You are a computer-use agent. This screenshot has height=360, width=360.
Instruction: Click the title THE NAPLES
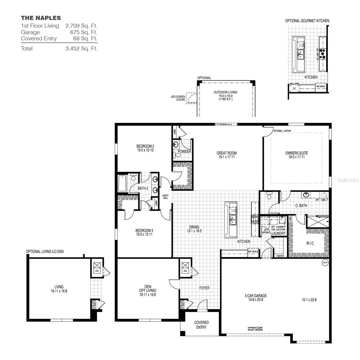tap(41, 18)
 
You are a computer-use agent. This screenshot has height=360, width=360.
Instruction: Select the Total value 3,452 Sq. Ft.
tap(81, 49)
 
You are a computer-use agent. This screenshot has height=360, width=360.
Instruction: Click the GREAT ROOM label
tap(227, 153)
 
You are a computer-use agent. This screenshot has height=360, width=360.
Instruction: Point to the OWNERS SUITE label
tap(296, 153)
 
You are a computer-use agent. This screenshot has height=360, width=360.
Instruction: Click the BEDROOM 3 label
tap(144, 231)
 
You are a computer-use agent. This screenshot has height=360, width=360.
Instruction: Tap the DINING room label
tap(194, 227)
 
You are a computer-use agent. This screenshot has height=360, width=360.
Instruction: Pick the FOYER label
tap(204, 288)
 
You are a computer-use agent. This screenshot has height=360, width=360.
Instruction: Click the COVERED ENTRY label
tap(201, 325)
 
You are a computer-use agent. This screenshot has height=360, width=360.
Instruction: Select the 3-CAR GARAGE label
tap(255, 296)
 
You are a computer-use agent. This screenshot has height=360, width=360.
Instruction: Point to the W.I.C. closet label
tap(310, 243)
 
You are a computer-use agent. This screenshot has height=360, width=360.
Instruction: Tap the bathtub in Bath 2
tap(122, 183)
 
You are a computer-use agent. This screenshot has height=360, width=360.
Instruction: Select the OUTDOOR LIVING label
tap(225, 92)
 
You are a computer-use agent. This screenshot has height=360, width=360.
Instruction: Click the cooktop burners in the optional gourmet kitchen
tap(323, 53)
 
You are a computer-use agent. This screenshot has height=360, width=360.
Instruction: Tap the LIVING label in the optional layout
tap(59, 287)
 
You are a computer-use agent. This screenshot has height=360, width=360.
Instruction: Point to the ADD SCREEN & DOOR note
tap(178, 98)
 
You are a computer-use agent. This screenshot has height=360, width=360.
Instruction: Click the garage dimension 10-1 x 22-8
tap(309, 299)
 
